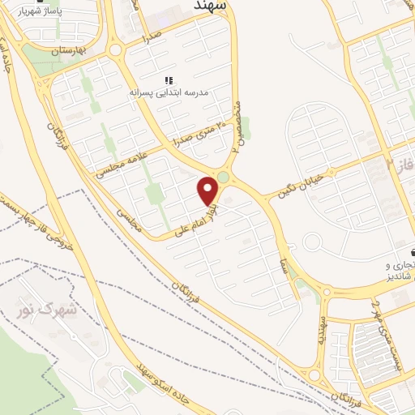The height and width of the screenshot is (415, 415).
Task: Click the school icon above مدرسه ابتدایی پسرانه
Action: pos(169,80)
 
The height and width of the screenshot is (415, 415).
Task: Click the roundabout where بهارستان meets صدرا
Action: pos(115,51)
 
